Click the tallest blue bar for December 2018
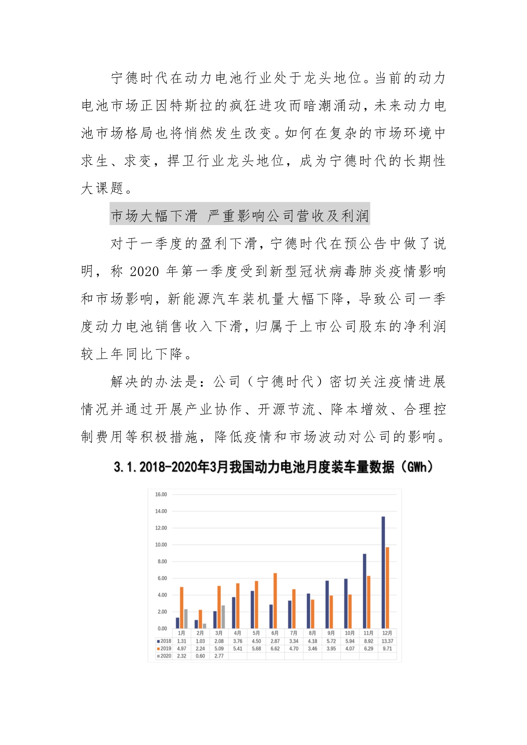[383, 572]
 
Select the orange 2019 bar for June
[275, 601]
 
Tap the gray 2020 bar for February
[204, 626]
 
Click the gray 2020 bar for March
[223, 617]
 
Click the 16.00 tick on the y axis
[161, 495]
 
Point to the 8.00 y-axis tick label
[162, 562]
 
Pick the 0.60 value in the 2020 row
[200, 656]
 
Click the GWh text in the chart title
[417, 467]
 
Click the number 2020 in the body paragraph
[144, 271]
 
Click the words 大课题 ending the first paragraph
[102, 189]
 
